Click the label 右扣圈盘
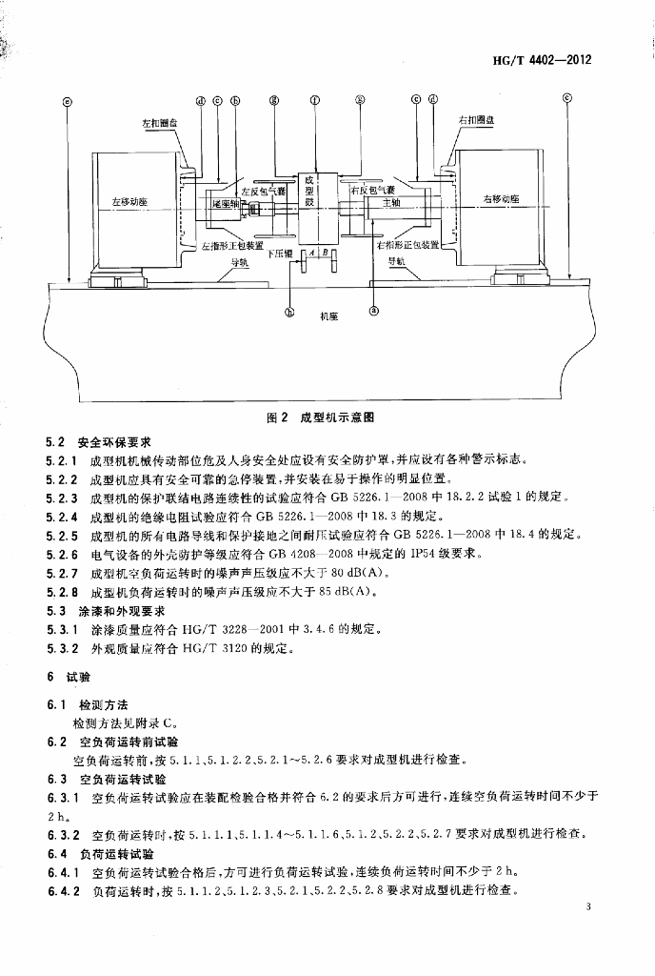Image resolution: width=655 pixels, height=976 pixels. point(475,120)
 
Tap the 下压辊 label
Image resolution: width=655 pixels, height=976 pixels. point(278,254)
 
